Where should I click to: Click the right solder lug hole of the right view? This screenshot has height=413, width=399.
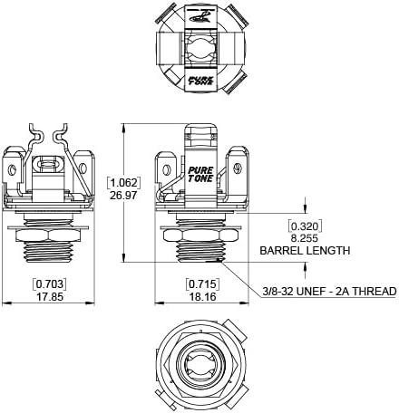coord(238,168)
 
